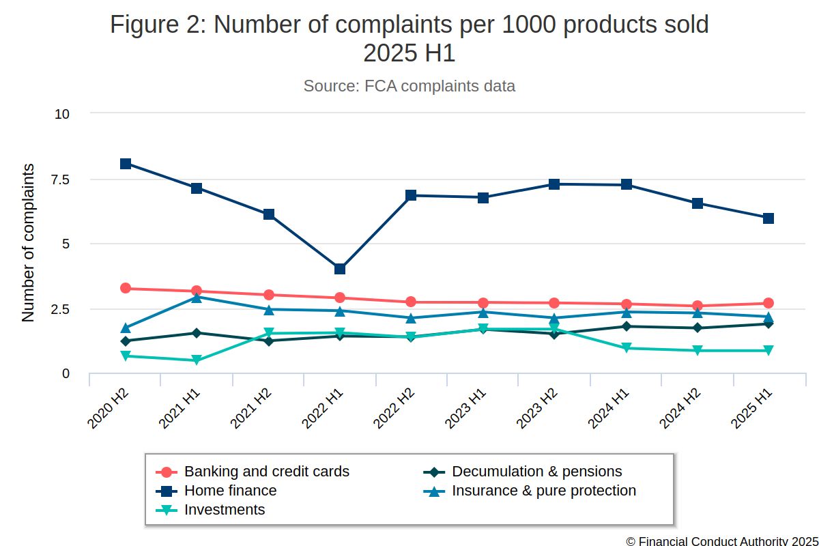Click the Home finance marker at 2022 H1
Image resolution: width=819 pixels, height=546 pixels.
pos(340,269)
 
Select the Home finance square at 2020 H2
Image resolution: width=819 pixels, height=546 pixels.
pos(126,164)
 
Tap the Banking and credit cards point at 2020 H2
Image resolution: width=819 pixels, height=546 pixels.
pos(126,288)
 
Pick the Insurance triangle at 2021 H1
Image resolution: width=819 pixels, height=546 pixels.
pos(197,298)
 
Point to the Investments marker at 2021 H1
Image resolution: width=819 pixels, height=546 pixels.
pos(197,360)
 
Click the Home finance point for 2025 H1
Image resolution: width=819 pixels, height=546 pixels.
pos(768,218)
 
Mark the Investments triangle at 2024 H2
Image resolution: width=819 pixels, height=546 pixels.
pos(698,351)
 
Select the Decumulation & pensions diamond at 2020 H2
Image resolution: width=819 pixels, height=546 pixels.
pos(126,341)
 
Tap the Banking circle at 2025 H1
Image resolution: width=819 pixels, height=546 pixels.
pos(768,303)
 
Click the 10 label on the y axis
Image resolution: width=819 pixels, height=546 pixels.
pos(62,114)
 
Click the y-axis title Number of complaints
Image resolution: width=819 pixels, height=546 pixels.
pos(28,243)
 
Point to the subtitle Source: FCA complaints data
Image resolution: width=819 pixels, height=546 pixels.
pos(409,87)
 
